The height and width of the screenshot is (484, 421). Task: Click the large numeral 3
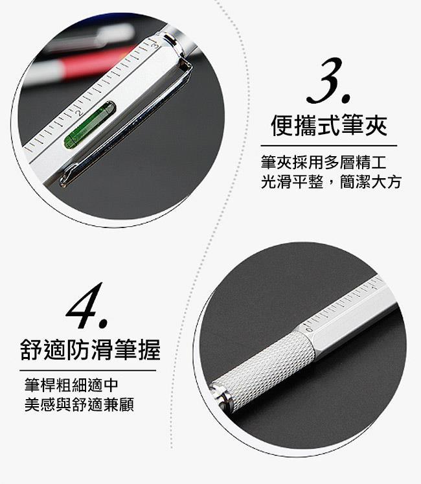(x=328, y=80)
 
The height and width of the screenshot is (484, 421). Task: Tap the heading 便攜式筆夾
(x=329, y=125)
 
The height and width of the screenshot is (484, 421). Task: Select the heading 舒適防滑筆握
(x=90, y=349)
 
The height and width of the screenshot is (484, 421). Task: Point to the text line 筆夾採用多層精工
(x=323, y=163)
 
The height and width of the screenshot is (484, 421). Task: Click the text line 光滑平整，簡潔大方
(x=331, y=182)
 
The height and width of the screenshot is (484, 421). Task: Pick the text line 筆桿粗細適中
(x=71, y=385)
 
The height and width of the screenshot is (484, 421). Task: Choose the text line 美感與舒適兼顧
(x=79, y=404)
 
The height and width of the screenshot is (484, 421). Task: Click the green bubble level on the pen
(x=89, y=124)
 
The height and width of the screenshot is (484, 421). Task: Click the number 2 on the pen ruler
(x=80, y=112)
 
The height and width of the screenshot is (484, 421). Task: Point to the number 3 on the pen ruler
(x=155, y=45)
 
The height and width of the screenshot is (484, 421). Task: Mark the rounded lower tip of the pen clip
(x=64, y=181)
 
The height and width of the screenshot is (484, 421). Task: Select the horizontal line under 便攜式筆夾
(x=329, y=146)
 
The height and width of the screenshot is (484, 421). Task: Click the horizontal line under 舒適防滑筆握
(x=88, y=371)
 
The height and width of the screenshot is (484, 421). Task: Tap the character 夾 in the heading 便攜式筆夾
(x=376, y=125)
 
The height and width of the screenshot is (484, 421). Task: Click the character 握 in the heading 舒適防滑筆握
(x=150, y=349)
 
